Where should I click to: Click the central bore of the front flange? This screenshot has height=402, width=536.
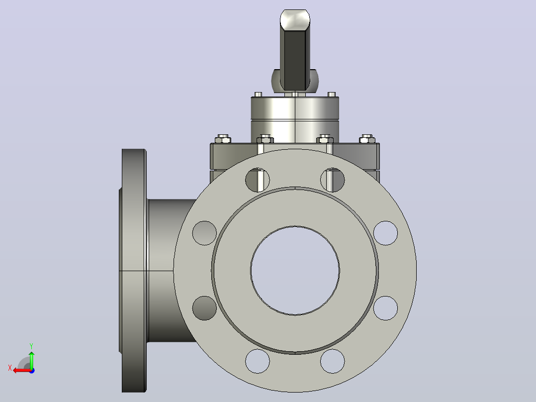(295, 270)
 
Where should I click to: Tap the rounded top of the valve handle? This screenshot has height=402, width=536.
(295, 19)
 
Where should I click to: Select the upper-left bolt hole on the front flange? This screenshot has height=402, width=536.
(258, 180)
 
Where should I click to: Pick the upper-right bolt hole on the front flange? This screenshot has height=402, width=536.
(333, 180)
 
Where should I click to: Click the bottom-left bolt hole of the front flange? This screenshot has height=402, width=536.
(258, 361)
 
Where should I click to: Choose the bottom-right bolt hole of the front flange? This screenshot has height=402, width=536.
(333, 361)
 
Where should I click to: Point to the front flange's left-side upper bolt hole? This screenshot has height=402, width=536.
(204, 233)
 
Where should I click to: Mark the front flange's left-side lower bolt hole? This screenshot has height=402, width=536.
(204, 308)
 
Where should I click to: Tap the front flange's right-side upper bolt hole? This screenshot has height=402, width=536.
(386, 233)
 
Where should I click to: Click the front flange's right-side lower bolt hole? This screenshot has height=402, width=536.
(386, 308)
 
